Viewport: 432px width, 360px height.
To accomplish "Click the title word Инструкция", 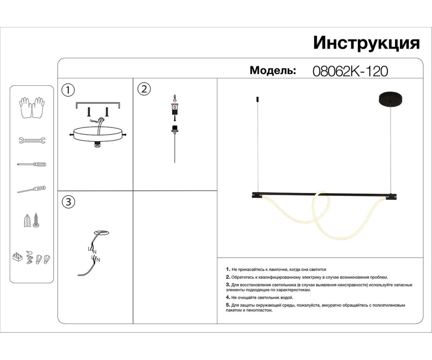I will click(366, 43).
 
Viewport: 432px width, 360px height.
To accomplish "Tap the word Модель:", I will click(273, 70).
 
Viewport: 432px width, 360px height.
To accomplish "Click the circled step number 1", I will click(68, 90).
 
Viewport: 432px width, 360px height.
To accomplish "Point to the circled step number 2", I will click(144, 89).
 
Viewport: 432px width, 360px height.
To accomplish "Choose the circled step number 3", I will click(68, 202).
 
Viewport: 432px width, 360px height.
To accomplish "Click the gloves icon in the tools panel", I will click(32, 107).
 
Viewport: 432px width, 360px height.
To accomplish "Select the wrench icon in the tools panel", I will click(32, 140).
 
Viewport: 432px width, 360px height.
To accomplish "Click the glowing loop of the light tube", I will click(321, 212).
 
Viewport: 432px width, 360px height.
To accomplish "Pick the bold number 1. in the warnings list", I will click(228, 269).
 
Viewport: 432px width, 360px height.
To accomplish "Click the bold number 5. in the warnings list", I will click(228, 305).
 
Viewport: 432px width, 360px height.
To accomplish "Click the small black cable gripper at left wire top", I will click(257, 98).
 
